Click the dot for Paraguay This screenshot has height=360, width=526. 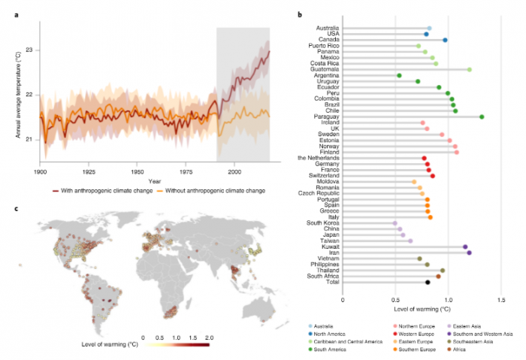(x=482, y=116)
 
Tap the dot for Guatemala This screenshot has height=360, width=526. (x=470, y=69)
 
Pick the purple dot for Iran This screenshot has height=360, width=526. (x=470, y=253)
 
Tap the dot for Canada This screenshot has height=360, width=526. (x=445, y=40)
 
